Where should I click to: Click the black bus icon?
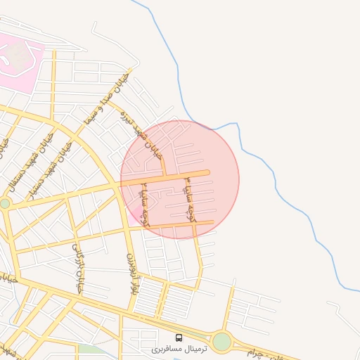click(179, 337)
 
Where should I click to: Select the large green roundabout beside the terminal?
click(222, 342)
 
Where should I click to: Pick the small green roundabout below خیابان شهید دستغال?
click(5, 203)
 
